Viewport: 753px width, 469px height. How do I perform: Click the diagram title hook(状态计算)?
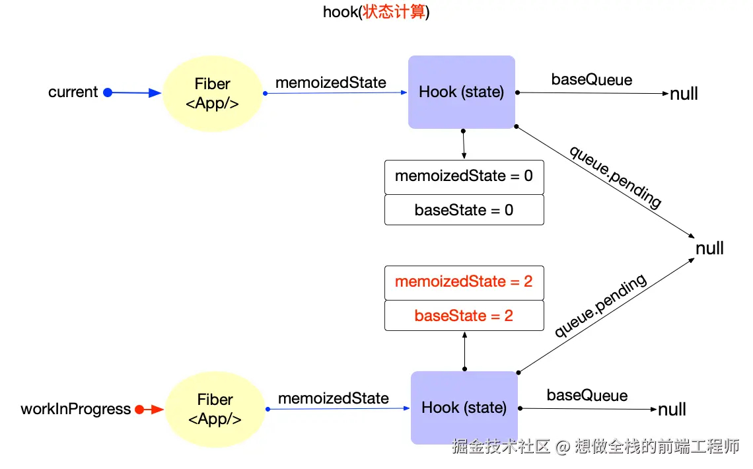tap(376, 12)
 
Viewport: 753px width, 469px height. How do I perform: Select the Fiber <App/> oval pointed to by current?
tap(212, 93)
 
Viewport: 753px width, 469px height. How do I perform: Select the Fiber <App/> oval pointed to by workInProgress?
tap(215, 409)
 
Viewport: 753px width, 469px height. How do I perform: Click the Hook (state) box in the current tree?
tap(461, 92)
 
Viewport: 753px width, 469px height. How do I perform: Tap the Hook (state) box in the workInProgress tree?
tap(464, 408)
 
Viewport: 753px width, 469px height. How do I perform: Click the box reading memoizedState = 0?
tap(464, 176)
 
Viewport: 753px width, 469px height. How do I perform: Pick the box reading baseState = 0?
tap(464, 210)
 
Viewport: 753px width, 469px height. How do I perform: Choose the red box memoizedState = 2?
tap(464, 281)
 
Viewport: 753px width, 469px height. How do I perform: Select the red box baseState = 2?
tap(464, 315)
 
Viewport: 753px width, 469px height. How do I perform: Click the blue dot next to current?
tap(108, 92)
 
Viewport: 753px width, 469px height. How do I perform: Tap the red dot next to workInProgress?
tap(139, 410)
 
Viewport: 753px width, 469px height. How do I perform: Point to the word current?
tap(73, 92)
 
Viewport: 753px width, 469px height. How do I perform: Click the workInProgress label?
tap(76, 409)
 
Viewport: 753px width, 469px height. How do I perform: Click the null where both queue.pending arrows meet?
tap(710, 248)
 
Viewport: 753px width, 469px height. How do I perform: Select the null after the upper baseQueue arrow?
tap(684, 94)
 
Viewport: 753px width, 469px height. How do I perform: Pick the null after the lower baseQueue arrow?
tap(672, 410)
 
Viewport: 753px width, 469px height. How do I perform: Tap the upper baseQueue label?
tap(592, 80)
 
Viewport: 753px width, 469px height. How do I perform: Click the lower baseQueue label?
tap(587, 396)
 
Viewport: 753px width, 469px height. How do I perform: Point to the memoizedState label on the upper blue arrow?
tap(331, 83)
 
